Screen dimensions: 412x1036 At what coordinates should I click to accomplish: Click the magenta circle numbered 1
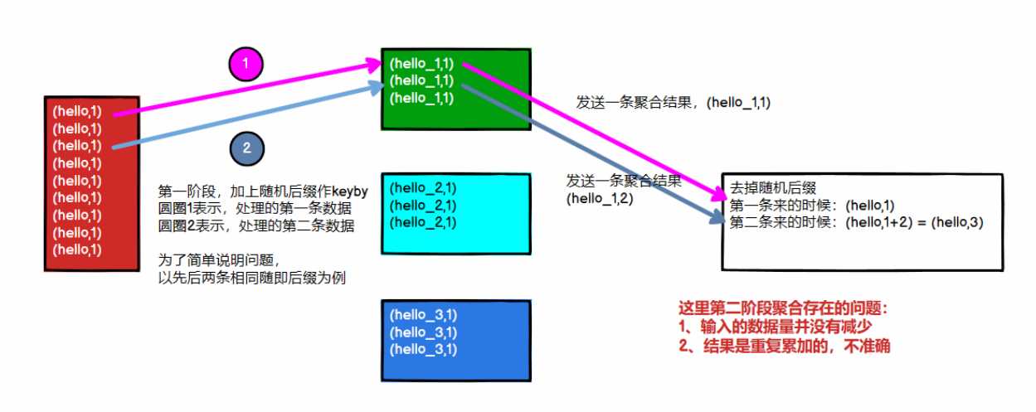tap(246, 63)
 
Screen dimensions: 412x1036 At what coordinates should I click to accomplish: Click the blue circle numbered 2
tap(246, 148)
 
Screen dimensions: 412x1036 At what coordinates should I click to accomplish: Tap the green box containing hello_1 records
tap(455, 89)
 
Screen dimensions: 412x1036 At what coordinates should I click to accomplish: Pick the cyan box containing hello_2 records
tap(455, 213)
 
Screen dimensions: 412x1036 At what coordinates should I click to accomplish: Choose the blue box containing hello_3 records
tap(455, 339)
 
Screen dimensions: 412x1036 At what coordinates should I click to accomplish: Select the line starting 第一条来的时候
tap(813, 205)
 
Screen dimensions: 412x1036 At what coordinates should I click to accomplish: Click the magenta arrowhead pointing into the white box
tap(718, 196)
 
